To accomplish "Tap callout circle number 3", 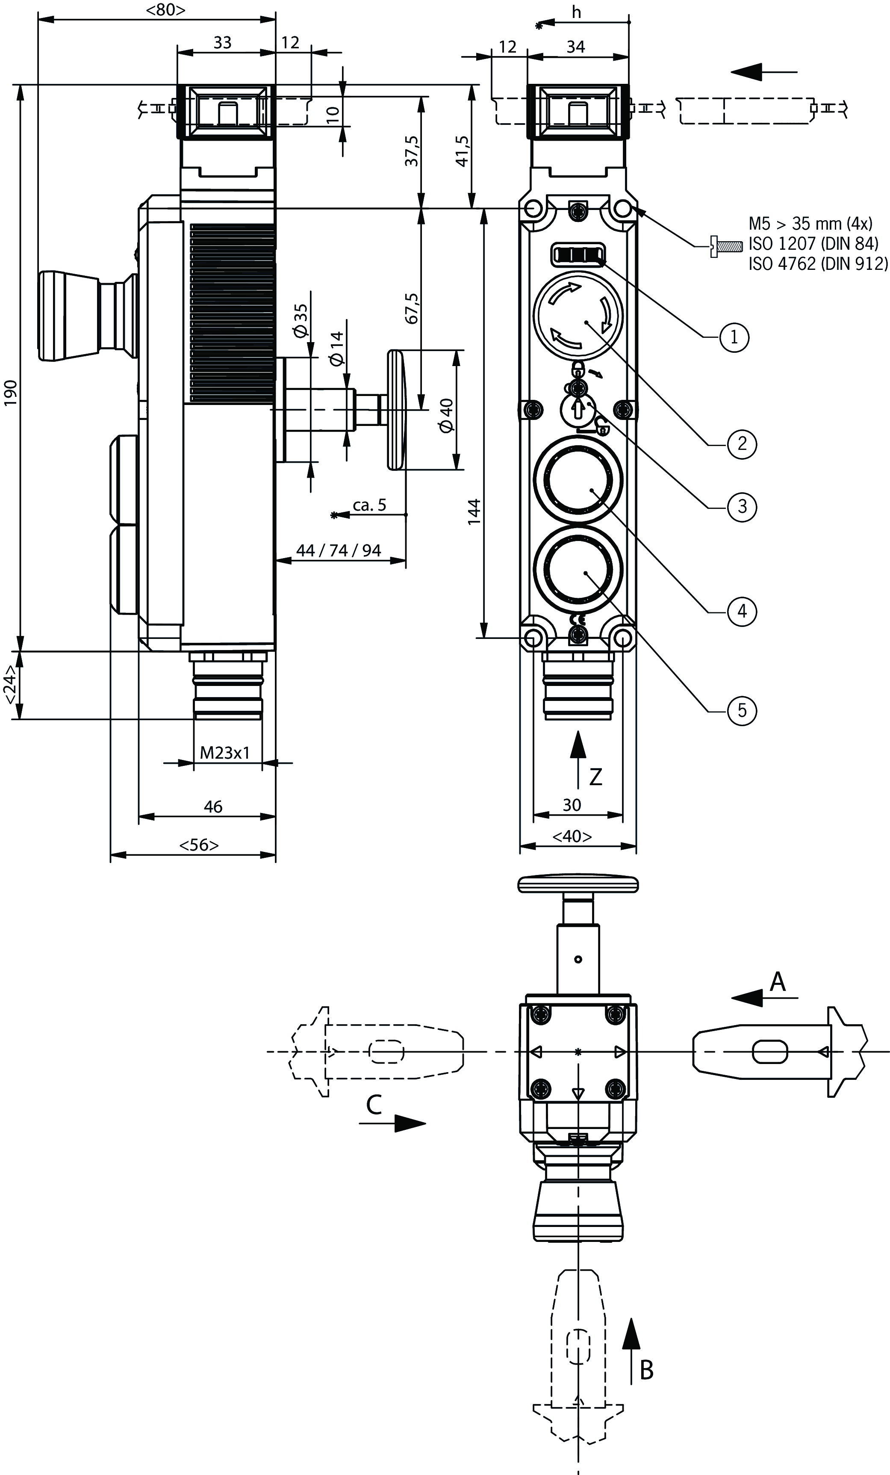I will (742, 506).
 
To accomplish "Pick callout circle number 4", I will (742, 611).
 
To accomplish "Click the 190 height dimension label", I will (12, 393).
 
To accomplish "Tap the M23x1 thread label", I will (224, 752).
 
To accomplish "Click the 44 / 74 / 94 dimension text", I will (339, 550).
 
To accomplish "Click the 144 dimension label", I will (474, 512).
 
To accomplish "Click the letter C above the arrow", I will (374, 1105).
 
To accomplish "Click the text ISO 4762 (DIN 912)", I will (818, 263).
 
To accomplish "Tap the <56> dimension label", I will (199, 845).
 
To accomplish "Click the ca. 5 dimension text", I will (369, 505).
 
